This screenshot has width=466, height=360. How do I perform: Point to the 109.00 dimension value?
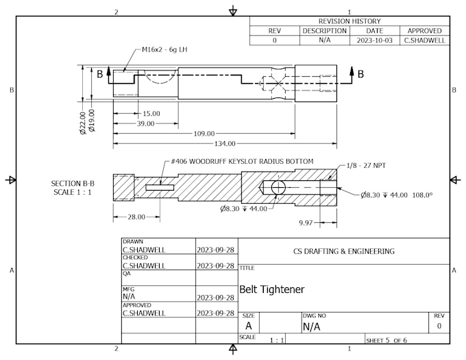point(204,134)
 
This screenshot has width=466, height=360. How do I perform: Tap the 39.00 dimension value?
point(145,123)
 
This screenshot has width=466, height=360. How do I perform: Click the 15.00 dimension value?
point(151,113)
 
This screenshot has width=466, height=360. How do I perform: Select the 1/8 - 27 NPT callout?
point(367,165)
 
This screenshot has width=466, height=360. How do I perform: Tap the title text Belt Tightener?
point(271,289)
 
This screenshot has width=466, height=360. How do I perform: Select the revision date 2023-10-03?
point(374,40)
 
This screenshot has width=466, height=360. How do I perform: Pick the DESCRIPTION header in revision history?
point(325,31)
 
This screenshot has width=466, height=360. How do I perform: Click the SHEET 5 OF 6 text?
point(388,339)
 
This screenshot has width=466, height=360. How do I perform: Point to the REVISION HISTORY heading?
point(349,21)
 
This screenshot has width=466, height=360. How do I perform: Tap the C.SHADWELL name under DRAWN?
point(144,250)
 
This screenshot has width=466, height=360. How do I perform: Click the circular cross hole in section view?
point(278,188)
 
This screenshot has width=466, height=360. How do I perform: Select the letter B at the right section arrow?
point(360,73)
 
